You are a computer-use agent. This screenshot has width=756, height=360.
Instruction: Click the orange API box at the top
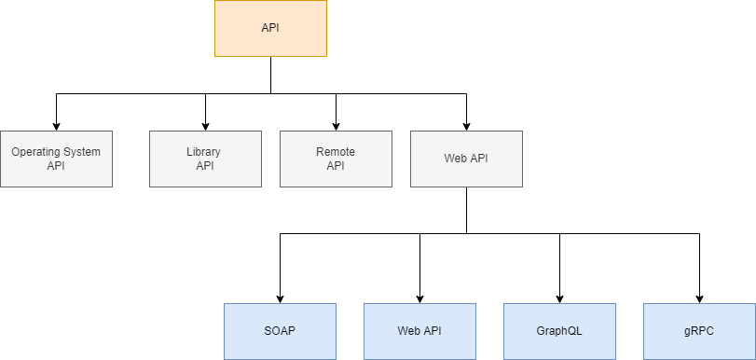point(270,28)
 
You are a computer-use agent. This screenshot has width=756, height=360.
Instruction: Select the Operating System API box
point(56,159)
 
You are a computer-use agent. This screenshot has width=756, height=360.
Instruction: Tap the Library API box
point(205,159)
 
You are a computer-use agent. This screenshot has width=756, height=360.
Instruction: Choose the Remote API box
point(336,159)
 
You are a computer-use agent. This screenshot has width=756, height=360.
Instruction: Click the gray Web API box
point(466,159)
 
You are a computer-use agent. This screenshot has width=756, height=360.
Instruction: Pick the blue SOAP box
point(280,331)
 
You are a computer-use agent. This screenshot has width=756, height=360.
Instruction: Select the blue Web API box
point(419,331)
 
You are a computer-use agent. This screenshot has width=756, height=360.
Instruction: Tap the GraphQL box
point(559,331)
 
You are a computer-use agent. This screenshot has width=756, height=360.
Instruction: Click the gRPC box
point(699,331)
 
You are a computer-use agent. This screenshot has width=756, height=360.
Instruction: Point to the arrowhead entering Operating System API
point(56,126)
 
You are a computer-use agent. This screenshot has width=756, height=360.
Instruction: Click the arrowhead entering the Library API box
point(205,126)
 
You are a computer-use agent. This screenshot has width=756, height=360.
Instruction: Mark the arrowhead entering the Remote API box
point(336,126)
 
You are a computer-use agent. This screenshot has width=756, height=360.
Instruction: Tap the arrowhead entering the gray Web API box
point(466,126)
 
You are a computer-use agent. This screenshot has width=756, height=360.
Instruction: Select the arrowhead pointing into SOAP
point(280,298)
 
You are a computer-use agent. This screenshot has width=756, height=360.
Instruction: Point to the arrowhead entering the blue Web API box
point(419,298)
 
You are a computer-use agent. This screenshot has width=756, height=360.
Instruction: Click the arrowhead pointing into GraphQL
point(559,298)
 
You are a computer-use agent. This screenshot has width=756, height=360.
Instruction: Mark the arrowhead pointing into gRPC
point(699,298)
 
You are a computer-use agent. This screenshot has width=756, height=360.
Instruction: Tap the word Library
point(204,151)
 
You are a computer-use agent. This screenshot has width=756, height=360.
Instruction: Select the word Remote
point(336,151)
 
